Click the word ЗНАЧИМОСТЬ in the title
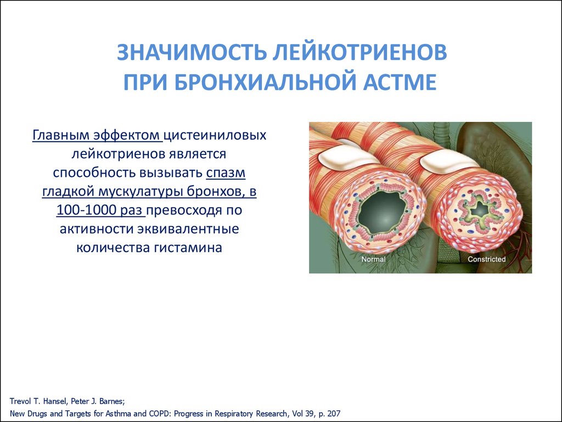coord(192,52)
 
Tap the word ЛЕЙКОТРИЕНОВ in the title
coord(360,53)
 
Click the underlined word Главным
coord(60,135)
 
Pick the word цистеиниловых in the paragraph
coord(215,136)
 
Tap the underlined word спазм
coord(226,173)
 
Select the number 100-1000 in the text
coord(84,210)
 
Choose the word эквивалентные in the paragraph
coord(189,229)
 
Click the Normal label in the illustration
coord(373,259)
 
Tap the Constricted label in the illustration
coord(486,259)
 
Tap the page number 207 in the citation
coord(334,413)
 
